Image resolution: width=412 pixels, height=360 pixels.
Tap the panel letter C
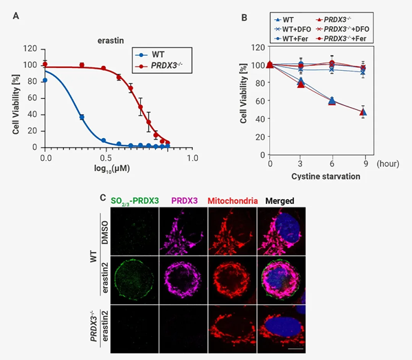click(103, 199)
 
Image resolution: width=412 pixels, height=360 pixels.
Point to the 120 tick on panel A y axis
click(30, 49)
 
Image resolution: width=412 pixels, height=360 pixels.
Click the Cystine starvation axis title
click(319, 176)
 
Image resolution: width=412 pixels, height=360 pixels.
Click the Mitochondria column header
click(233, 201)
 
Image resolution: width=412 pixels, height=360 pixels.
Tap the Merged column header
click(280, 201)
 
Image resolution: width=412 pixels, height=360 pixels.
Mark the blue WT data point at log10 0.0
click(45, 80)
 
